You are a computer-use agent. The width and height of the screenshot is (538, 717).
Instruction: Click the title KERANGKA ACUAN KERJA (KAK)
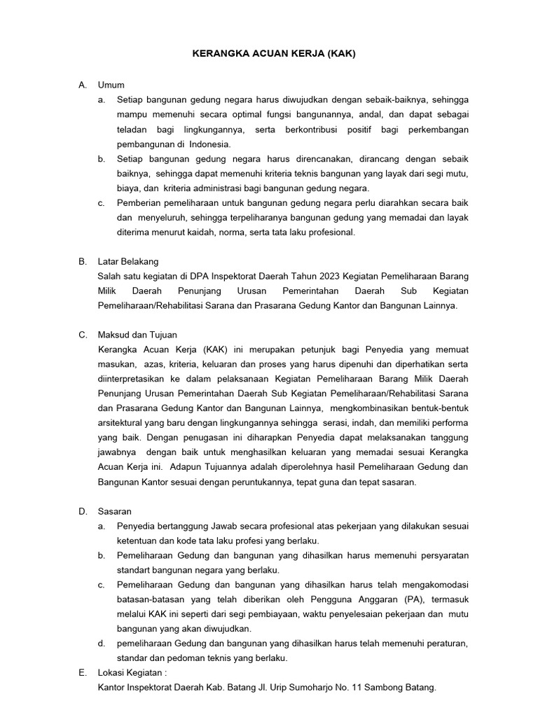click(269, 53)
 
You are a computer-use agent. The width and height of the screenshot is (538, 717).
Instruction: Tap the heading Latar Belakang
click(128, 261)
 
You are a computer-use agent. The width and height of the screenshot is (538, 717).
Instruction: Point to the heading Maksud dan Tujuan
click(137, 335)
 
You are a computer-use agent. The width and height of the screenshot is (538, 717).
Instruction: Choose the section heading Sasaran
click(115, 511)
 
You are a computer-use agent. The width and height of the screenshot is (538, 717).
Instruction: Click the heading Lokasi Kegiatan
click(132, 673)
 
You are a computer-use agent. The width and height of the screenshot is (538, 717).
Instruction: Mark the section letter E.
click(82, 673)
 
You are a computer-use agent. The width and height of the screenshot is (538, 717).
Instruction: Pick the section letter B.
click(82, 261)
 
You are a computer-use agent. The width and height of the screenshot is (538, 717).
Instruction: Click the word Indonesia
click(209, 144)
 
